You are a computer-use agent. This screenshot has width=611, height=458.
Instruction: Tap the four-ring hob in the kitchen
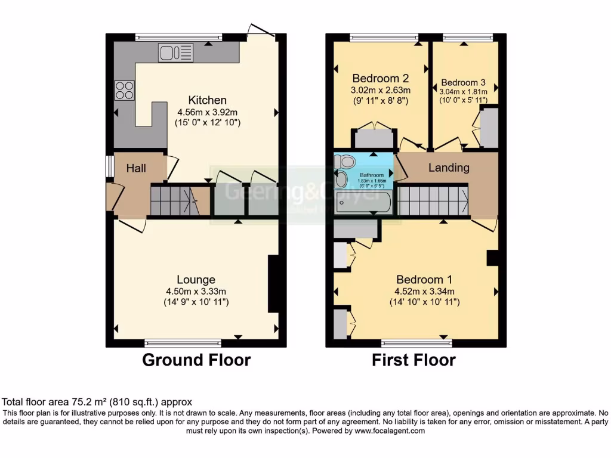click(x=125, y=90)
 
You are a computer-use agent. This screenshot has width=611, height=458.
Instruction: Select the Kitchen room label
click(x=207, y=100)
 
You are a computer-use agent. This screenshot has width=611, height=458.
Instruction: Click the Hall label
click(x=136, y=169)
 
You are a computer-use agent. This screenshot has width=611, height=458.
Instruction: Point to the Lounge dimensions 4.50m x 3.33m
click(x=196, y=292)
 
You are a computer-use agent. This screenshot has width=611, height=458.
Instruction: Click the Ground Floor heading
click(x=196, y=360)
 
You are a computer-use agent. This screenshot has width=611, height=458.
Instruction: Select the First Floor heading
click(x=413, y=360)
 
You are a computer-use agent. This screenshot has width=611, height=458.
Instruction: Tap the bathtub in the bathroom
click(x=363, y=203)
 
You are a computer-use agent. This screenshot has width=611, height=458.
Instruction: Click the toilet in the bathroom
click(x=344, y=161)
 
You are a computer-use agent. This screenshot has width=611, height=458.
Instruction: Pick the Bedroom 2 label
click(x=380, y=78)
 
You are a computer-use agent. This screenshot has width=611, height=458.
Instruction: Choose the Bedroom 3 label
click(x=463, y=82)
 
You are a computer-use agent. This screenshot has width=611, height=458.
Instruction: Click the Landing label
click(x=449, y=168)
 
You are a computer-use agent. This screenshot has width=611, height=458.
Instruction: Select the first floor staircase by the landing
click(x=433, y=200)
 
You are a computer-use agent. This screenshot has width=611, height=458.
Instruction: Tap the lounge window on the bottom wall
click(x=183, y=343)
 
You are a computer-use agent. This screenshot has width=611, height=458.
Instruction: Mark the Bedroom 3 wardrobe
click(x=489, y=127)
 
